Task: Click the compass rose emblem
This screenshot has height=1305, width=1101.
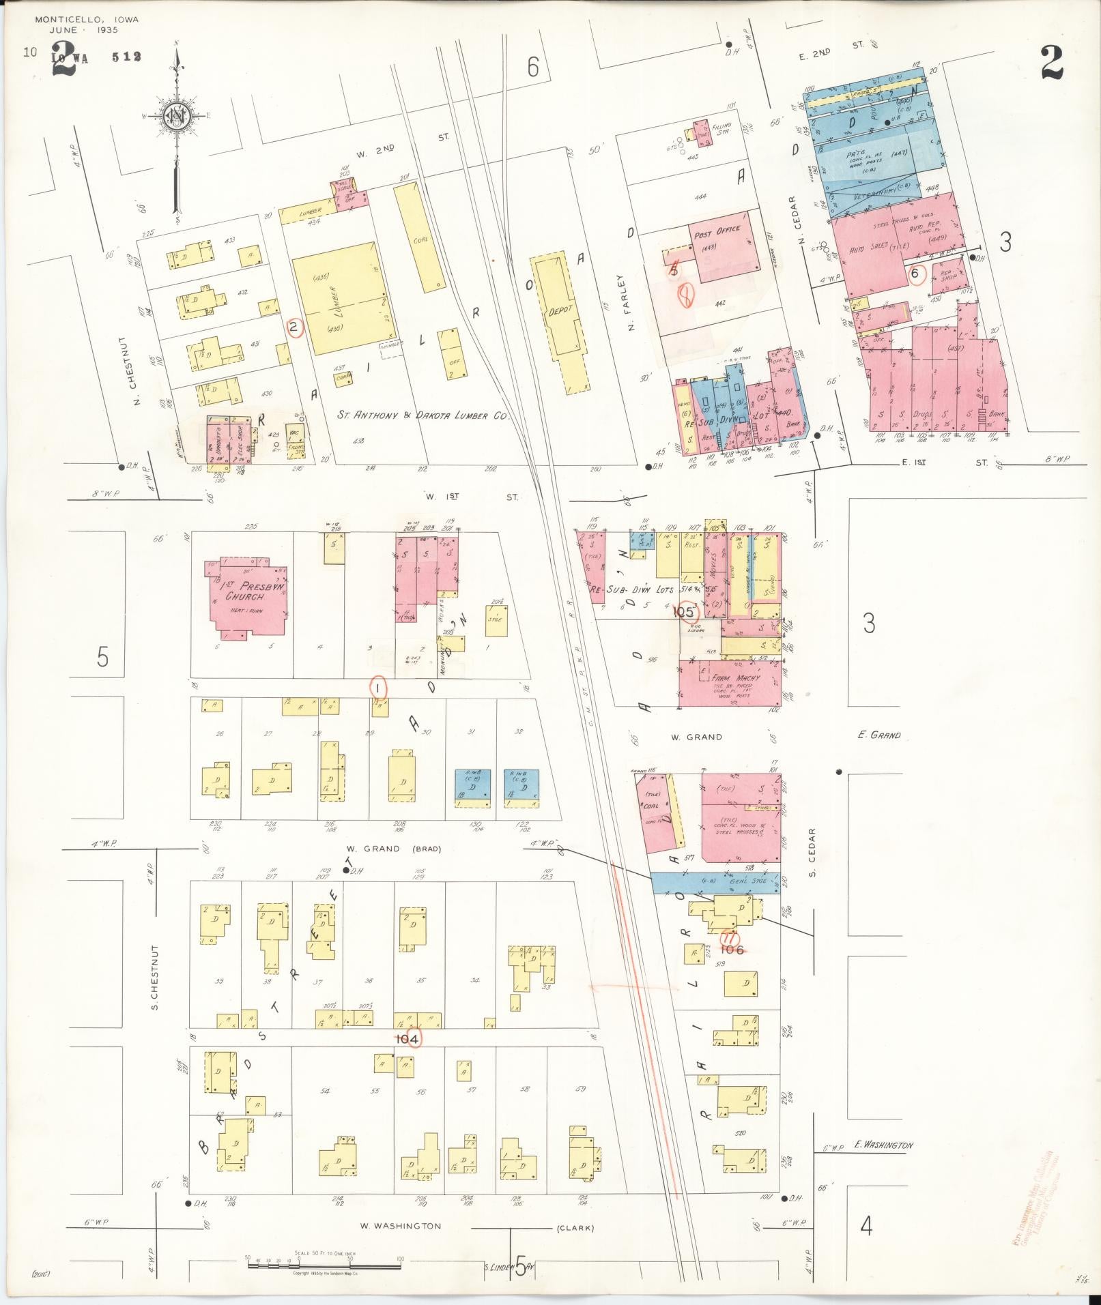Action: (x=177, y=117)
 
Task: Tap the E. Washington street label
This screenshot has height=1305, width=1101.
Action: (x=883, y=1145)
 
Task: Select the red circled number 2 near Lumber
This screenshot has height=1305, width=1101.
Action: (x=294, y=328)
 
